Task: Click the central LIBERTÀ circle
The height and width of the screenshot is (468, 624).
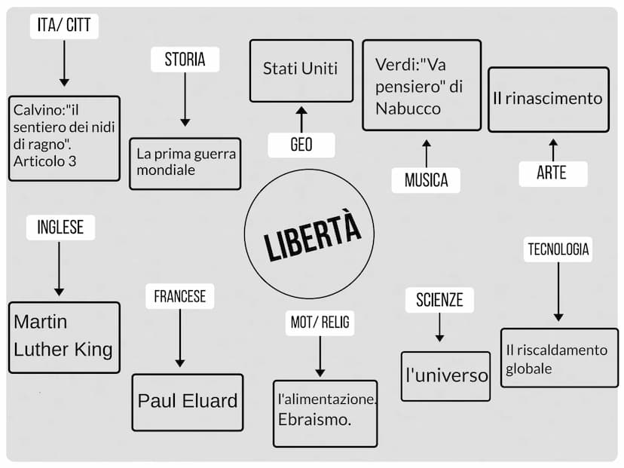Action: click(x=309, y=234)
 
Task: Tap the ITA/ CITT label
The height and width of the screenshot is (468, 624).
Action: click(x=64, y=26)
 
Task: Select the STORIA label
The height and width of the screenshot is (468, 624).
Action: click(x=185, y=60)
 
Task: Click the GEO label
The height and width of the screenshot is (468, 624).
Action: click(x=301, y=145)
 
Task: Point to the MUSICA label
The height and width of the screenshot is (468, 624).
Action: click(x=426, y=180)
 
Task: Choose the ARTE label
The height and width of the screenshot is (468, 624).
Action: click(x=552, y=173)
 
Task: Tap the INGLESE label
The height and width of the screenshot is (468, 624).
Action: click(x=60, y=227)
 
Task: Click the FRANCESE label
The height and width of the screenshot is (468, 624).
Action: click(x=179, y=296)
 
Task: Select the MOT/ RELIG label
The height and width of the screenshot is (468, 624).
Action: click(x=320, y=323)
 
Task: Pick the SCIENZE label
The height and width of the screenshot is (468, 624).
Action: click(x=439, y=300)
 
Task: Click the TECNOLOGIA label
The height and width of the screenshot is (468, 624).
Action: click(x=558, y=249)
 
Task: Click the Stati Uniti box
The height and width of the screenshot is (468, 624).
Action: click(x=301, y=69)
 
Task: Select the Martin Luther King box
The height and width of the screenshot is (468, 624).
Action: click(x=64, y=337)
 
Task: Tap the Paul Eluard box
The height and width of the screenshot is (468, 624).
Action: click(x=188, y=402)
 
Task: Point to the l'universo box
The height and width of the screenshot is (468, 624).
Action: click(x=445, y=375)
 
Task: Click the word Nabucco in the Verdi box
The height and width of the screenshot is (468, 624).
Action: click(x=408, y=109)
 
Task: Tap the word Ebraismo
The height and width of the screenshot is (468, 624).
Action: click(x=315, y=420)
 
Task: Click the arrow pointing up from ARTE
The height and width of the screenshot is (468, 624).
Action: click(x=552, y=149)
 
